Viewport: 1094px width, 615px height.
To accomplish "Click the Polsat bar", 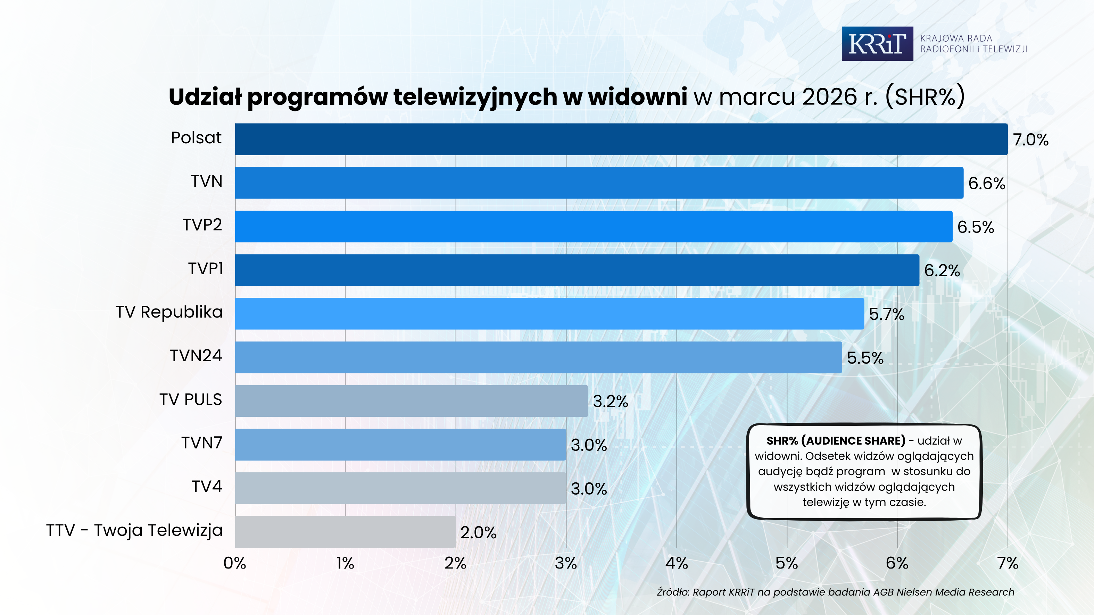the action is click(x=621, y=139).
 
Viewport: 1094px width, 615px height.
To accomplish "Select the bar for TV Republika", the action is click(x=549, y=314).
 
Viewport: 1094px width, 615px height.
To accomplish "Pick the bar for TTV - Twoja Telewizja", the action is click(x=345, y=532).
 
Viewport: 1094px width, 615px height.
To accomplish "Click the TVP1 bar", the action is click(x=577, y=270).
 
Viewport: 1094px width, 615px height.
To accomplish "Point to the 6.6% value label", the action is click(x=987, y=183).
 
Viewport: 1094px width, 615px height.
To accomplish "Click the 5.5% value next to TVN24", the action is click(x=865, y=358).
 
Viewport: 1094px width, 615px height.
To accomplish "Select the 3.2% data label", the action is click(x=610, y=402).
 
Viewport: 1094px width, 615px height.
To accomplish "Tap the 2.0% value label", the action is click(x=478, y=532).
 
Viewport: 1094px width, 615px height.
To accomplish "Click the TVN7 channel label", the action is click(x=202, y=443).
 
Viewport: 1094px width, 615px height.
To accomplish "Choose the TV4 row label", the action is click(x=207, y=486).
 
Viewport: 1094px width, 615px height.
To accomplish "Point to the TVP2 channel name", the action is click(x=202, y=225).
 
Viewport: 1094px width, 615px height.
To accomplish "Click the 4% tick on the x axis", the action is click(x=677, y=563).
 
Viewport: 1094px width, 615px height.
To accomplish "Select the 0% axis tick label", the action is click(x=235, y=563).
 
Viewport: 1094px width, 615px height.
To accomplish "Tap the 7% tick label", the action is click(x=1008, y=563).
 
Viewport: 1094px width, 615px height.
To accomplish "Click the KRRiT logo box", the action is click(x=877, y=44).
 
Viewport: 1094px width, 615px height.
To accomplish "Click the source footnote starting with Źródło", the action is click(x=835, y=592).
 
